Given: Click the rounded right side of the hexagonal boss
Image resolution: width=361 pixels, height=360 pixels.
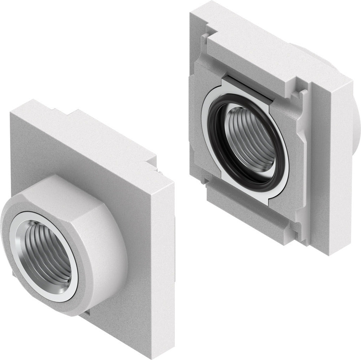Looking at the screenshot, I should click(x=112, y=253).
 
